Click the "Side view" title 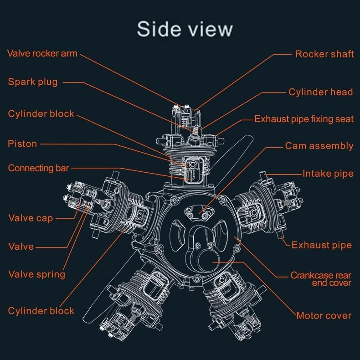point(185,28)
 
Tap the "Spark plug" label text point(33,82)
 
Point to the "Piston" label point(22,144)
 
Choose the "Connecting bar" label point(38,168)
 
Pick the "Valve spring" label point(37,274)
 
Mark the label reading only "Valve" point(21,247)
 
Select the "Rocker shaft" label point(324,54)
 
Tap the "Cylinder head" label point(320,92)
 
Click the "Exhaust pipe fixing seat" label point(303,119)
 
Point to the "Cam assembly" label point(319,146)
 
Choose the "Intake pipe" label point(328,174)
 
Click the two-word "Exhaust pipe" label point(321,245)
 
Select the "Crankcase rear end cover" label point(321,279)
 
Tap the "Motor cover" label point(324,315)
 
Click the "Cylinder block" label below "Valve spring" point(41,311)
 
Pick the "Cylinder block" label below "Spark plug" point(41,113)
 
